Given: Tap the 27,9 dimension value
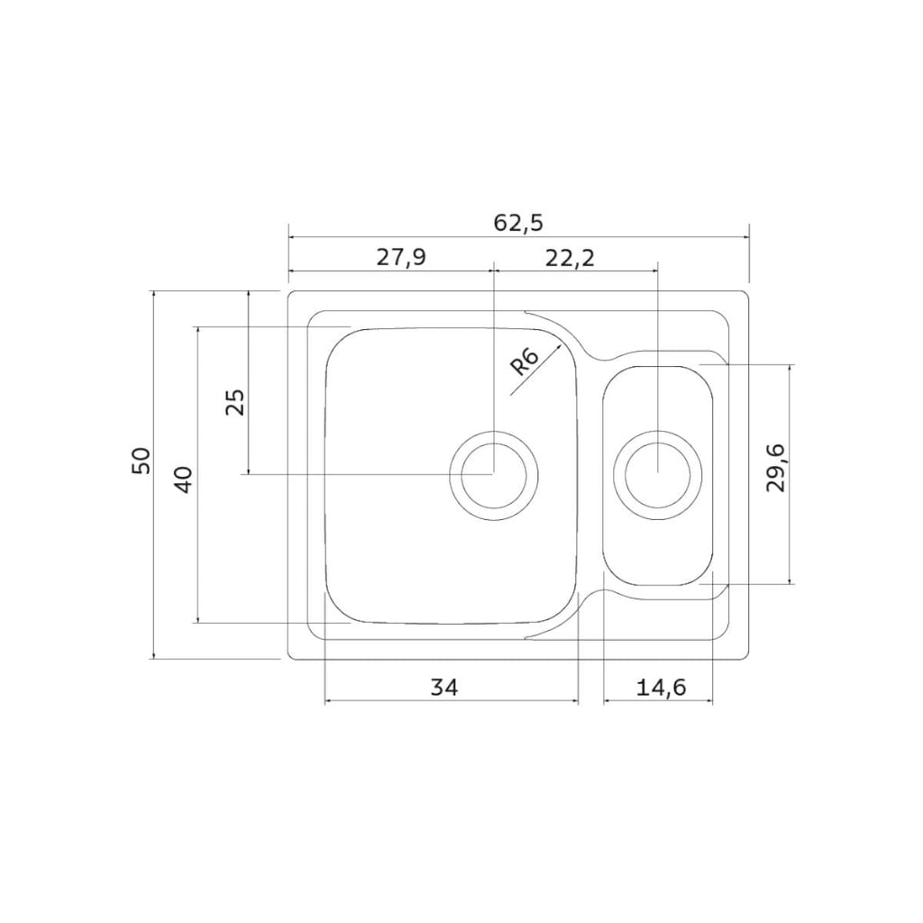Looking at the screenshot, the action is [x=401, y=257].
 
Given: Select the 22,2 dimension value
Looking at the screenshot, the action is [x=570, y=257].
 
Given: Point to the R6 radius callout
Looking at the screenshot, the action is [x=524, y=361].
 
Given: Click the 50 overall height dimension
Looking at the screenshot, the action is [x=142, y=461].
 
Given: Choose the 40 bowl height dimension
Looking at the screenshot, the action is [x=183, y=480].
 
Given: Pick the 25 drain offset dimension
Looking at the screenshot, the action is [x=235, y=403].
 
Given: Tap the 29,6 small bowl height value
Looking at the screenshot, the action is [x=776, y=468].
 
